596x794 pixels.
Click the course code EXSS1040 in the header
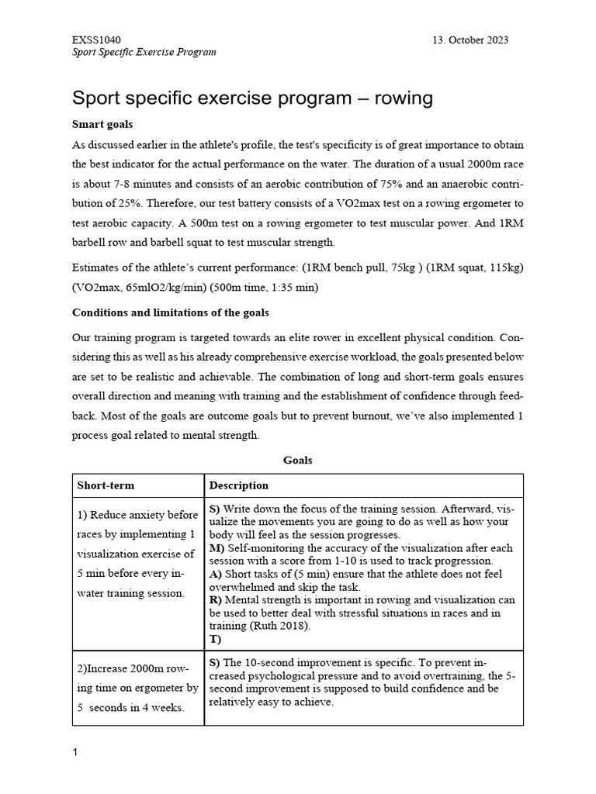click(96, 40)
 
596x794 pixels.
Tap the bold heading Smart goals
click(102, 123)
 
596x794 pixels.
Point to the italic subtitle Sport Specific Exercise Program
click(144, 52)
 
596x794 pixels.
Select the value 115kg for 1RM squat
click(501, 268)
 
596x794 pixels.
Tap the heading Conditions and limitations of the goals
click(171, 313)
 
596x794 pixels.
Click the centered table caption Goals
click(298, 460)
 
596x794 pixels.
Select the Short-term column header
click(106, 485)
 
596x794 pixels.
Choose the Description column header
click(239, 485)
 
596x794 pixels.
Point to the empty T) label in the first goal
click(216, 639)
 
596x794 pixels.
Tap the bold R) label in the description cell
click(216, 599)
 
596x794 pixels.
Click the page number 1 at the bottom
click(74, 751)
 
